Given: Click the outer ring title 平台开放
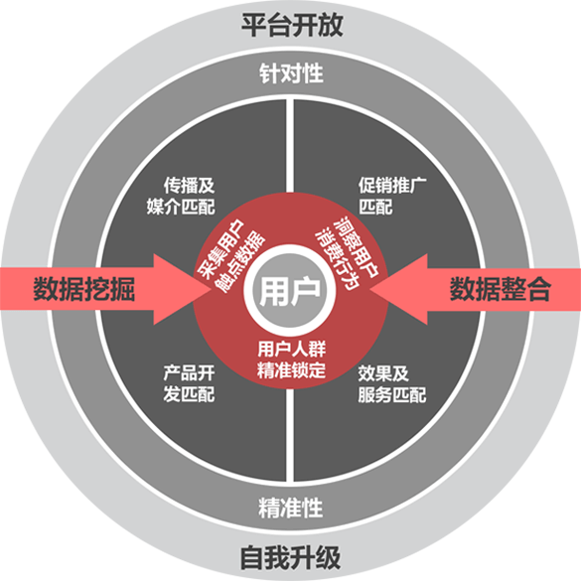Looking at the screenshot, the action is tap(292, 25).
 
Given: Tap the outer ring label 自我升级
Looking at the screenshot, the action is tap(290, 557).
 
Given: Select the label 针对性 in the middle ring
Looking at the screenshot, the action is tap(291, 73).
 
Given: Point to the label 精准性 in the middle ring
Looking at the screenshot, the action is tap(291, 508).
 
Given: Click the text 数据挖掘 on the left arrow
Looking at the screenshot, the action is tap(84, 289).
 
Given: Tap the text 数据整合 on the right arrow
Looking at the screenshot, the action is tap(501, 289).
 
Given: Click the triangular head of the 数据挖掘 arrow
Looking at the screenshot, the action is tap(182, 289).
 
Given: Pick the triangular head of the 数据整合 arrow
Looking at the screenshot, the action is tap(399, 289).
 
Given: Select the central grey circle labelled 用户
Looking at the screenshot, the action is tap(290, 290).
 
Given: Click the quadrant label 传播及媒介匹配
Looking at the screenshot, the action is tap(181, 196).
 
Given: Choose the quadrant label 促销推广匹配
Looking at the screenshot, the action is tap(392, 196).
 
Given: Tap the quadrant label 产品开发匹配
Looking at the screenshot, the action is tap(189, 383).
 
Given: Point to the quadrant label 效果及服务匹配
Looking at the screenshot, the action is tap(392, 384).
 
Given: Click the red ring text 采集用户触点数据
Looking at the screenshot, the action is tap(230, 256).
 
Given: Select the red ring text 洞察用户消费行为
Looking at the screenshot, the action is tap(347, 253).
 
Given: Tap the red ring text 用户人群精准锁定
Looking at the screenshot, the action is tap(292, 360).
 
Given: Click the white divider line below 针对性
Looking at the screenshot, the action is tap(290, 146).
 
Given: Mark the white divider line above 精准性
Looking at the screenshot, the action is tap(290, 434).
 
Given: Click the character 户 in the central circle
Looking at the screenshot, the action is tap(305, 291).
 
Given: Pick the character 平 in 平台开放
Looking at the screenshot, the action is tap(254, 25).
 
